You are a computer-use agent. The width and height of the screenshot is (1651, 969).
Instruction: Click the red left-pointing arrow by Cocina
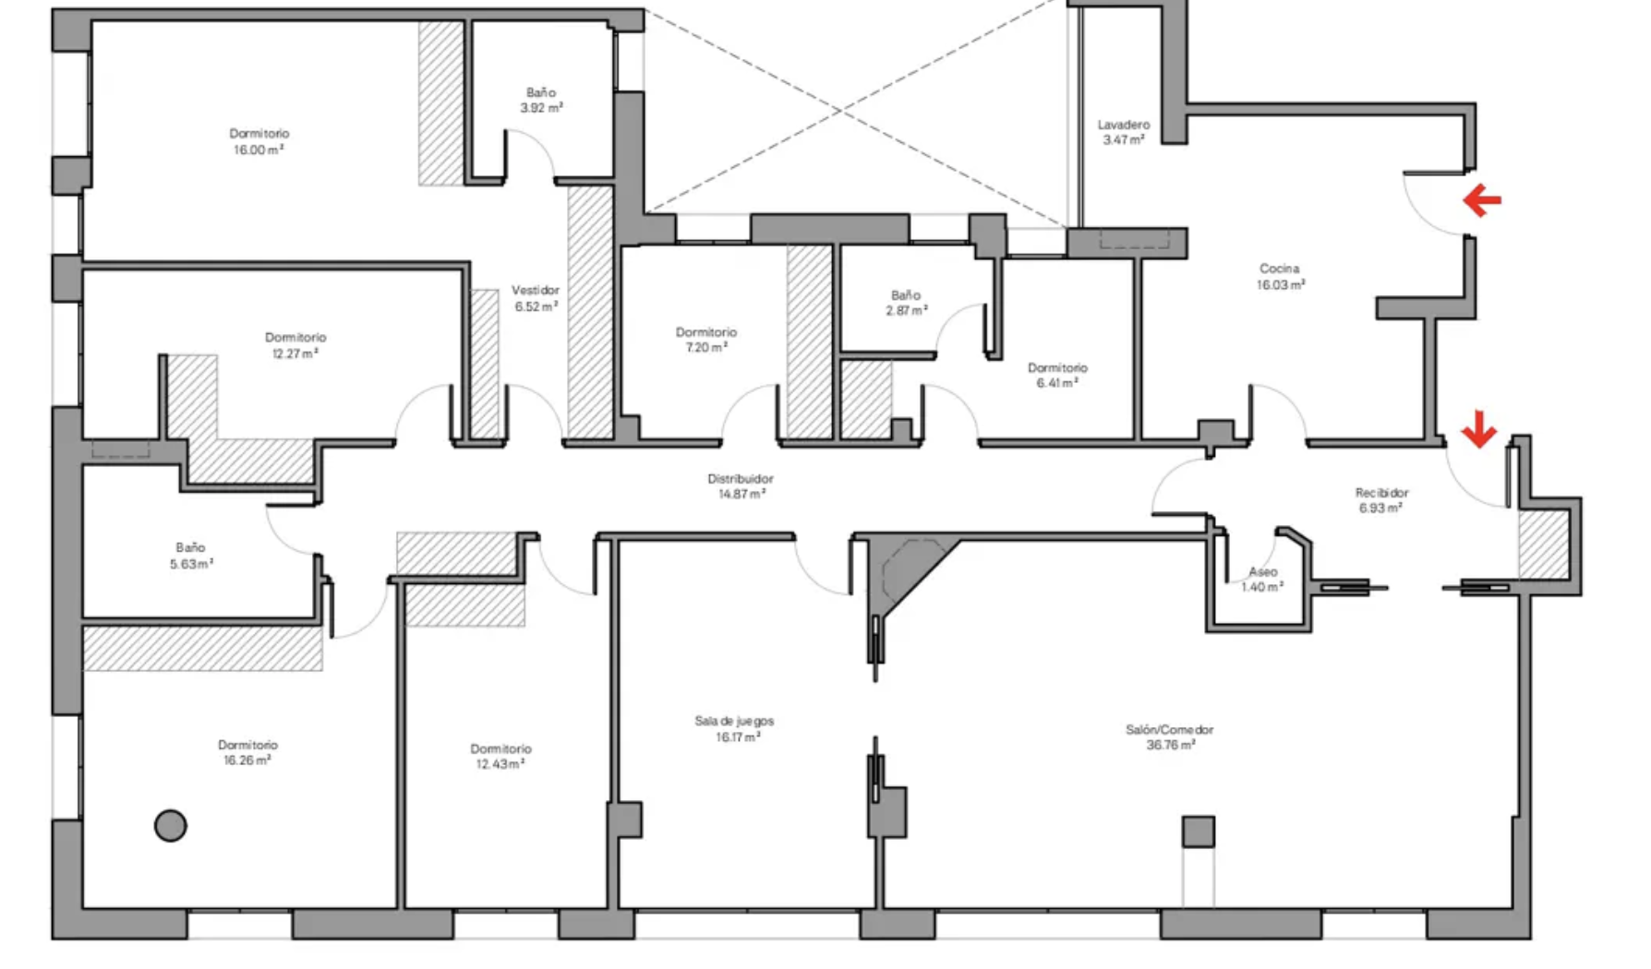point(1482,199)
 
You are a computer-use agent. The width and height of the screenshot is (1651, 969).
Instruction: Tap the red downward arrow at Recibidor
point(1478,429)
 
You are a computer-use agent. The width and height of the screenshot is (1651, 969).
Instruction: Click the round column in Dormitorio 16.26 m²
point(170,825)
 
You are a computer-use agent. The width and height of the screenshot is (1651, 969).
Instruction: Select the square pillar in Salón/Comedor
point(1198,831)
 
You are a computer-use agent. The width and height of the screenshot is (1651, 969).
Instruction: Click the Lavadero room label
point(1123,125)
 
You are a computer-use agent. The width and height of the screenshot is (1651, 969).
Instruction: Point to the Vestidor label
point(536,290)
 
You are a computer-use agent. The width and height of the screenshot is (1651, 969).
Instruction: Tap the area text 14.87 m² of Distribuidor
point(741,495)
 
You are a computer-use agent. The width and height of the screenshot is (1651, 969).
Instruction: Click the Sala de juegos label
point(734,721)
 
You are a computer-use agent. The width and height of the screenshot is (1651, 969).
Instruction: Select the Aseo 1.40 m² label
point(1262,580)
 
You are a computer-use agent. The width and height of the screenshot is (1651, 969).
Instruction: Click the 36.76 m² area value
point(1170,745)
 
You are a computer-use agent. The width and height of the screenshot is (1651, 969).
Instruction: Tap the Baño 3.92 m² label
point(541,100)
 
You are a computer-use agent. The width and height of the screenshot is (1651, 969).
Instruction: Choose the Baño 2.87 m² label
point(906,303)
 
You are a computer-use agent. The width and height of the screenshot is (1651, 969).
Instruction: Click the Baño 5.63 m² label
point(191,556)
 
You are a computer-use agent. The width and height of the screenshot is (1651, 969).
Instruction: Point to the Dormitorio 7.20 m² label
point(705,340)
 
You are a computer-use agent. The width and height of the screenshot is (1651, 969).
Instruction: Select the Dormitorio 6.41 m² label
point(1057,375)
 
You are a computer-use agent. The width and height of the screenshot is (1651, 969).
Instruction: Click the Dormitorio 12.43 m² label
point(500,756)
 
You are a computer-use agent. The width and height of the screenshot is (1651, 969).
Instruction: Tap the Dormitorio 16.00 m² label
point(259,141)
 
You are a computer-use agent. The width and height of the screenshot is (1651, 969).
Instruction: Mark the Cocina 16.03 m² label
point(1280,277)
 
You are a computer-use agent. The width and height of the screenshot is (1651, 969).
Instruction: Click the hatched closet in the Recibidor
point(1543,544)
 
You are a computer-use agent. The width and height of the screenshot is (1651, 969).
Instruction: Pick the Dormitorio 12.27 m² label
point(295,345)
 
